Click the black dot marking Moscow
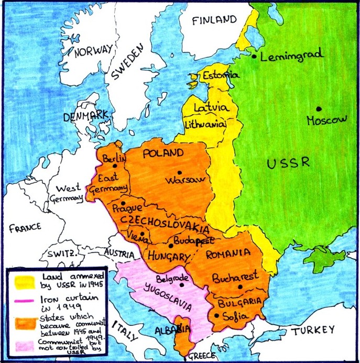coord(319,109)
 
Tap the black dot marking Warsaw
coord(180,172)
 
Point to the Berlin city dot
coord(114,166)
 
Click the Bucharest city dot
coord(239,287)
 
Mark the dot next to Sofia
coord(216,315)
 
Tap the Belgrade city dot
coord(181,285)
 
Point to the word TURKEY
coord(313,330)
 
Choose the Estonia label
coord(221,74)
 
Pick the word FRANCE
coord(25,228)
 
